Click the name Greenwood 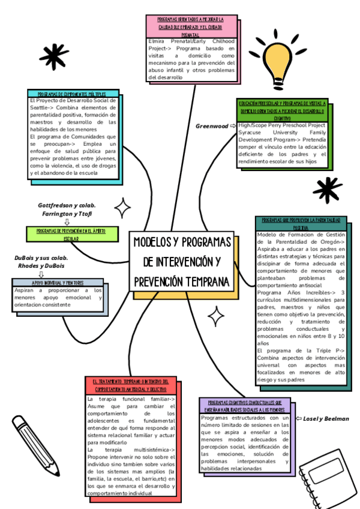(x=212, y=126)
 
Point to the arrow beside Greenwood (x=233, y=126)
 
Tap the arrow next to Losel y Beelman (x=298, y=418)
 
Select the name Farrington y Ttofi (x=67, y=214)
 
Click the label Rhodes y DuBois (x=41, y=265)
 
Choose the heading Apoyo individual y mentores (x=58, y=282)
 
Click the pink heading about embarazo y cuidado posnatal (x=190, y=27)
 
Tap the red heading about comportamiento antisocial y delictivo (x=131, y=385)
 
